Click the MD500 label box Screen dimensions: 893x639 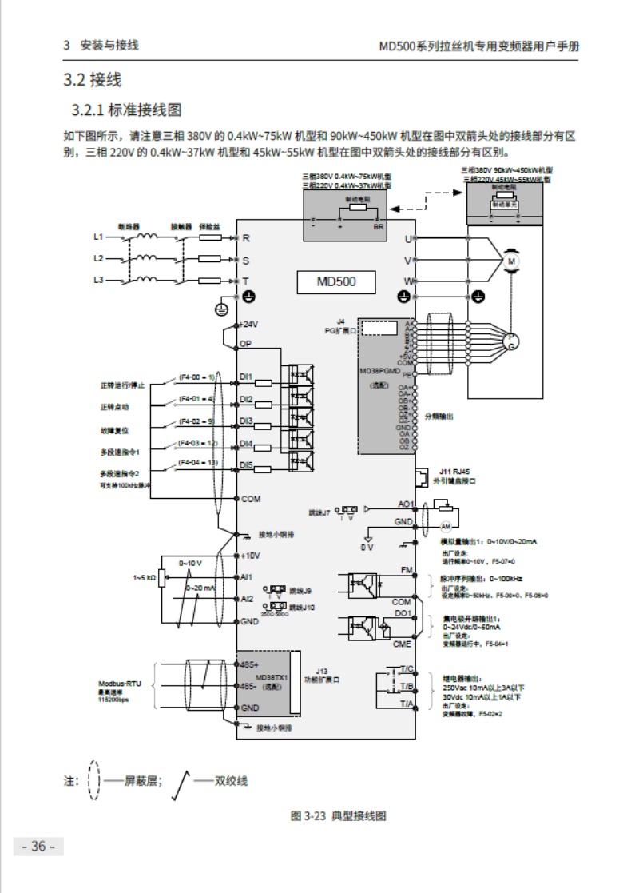click(336, 281)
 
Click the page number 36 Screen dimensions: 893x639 click(38, 847)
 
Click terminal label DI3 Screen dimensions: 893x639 click(247, 421)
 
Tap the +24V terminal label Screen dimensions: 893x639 click(251, 325)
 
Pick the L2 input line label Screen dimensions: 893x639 click(98, 258)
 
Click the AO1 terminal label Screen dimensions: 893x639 click(406, 504)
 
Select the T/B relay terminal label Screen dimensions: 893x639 click(406, 686)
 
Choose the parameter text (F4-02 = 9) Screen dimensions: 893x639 click(196, 420)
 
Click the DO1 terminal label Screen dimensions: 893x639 click(403, 613)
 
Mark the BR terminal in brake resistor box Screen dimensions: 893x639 click(379, 226)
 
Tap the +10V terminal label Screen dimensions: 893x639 click(251, 555)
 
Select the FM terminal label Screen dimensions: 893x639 click(406, 569)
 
